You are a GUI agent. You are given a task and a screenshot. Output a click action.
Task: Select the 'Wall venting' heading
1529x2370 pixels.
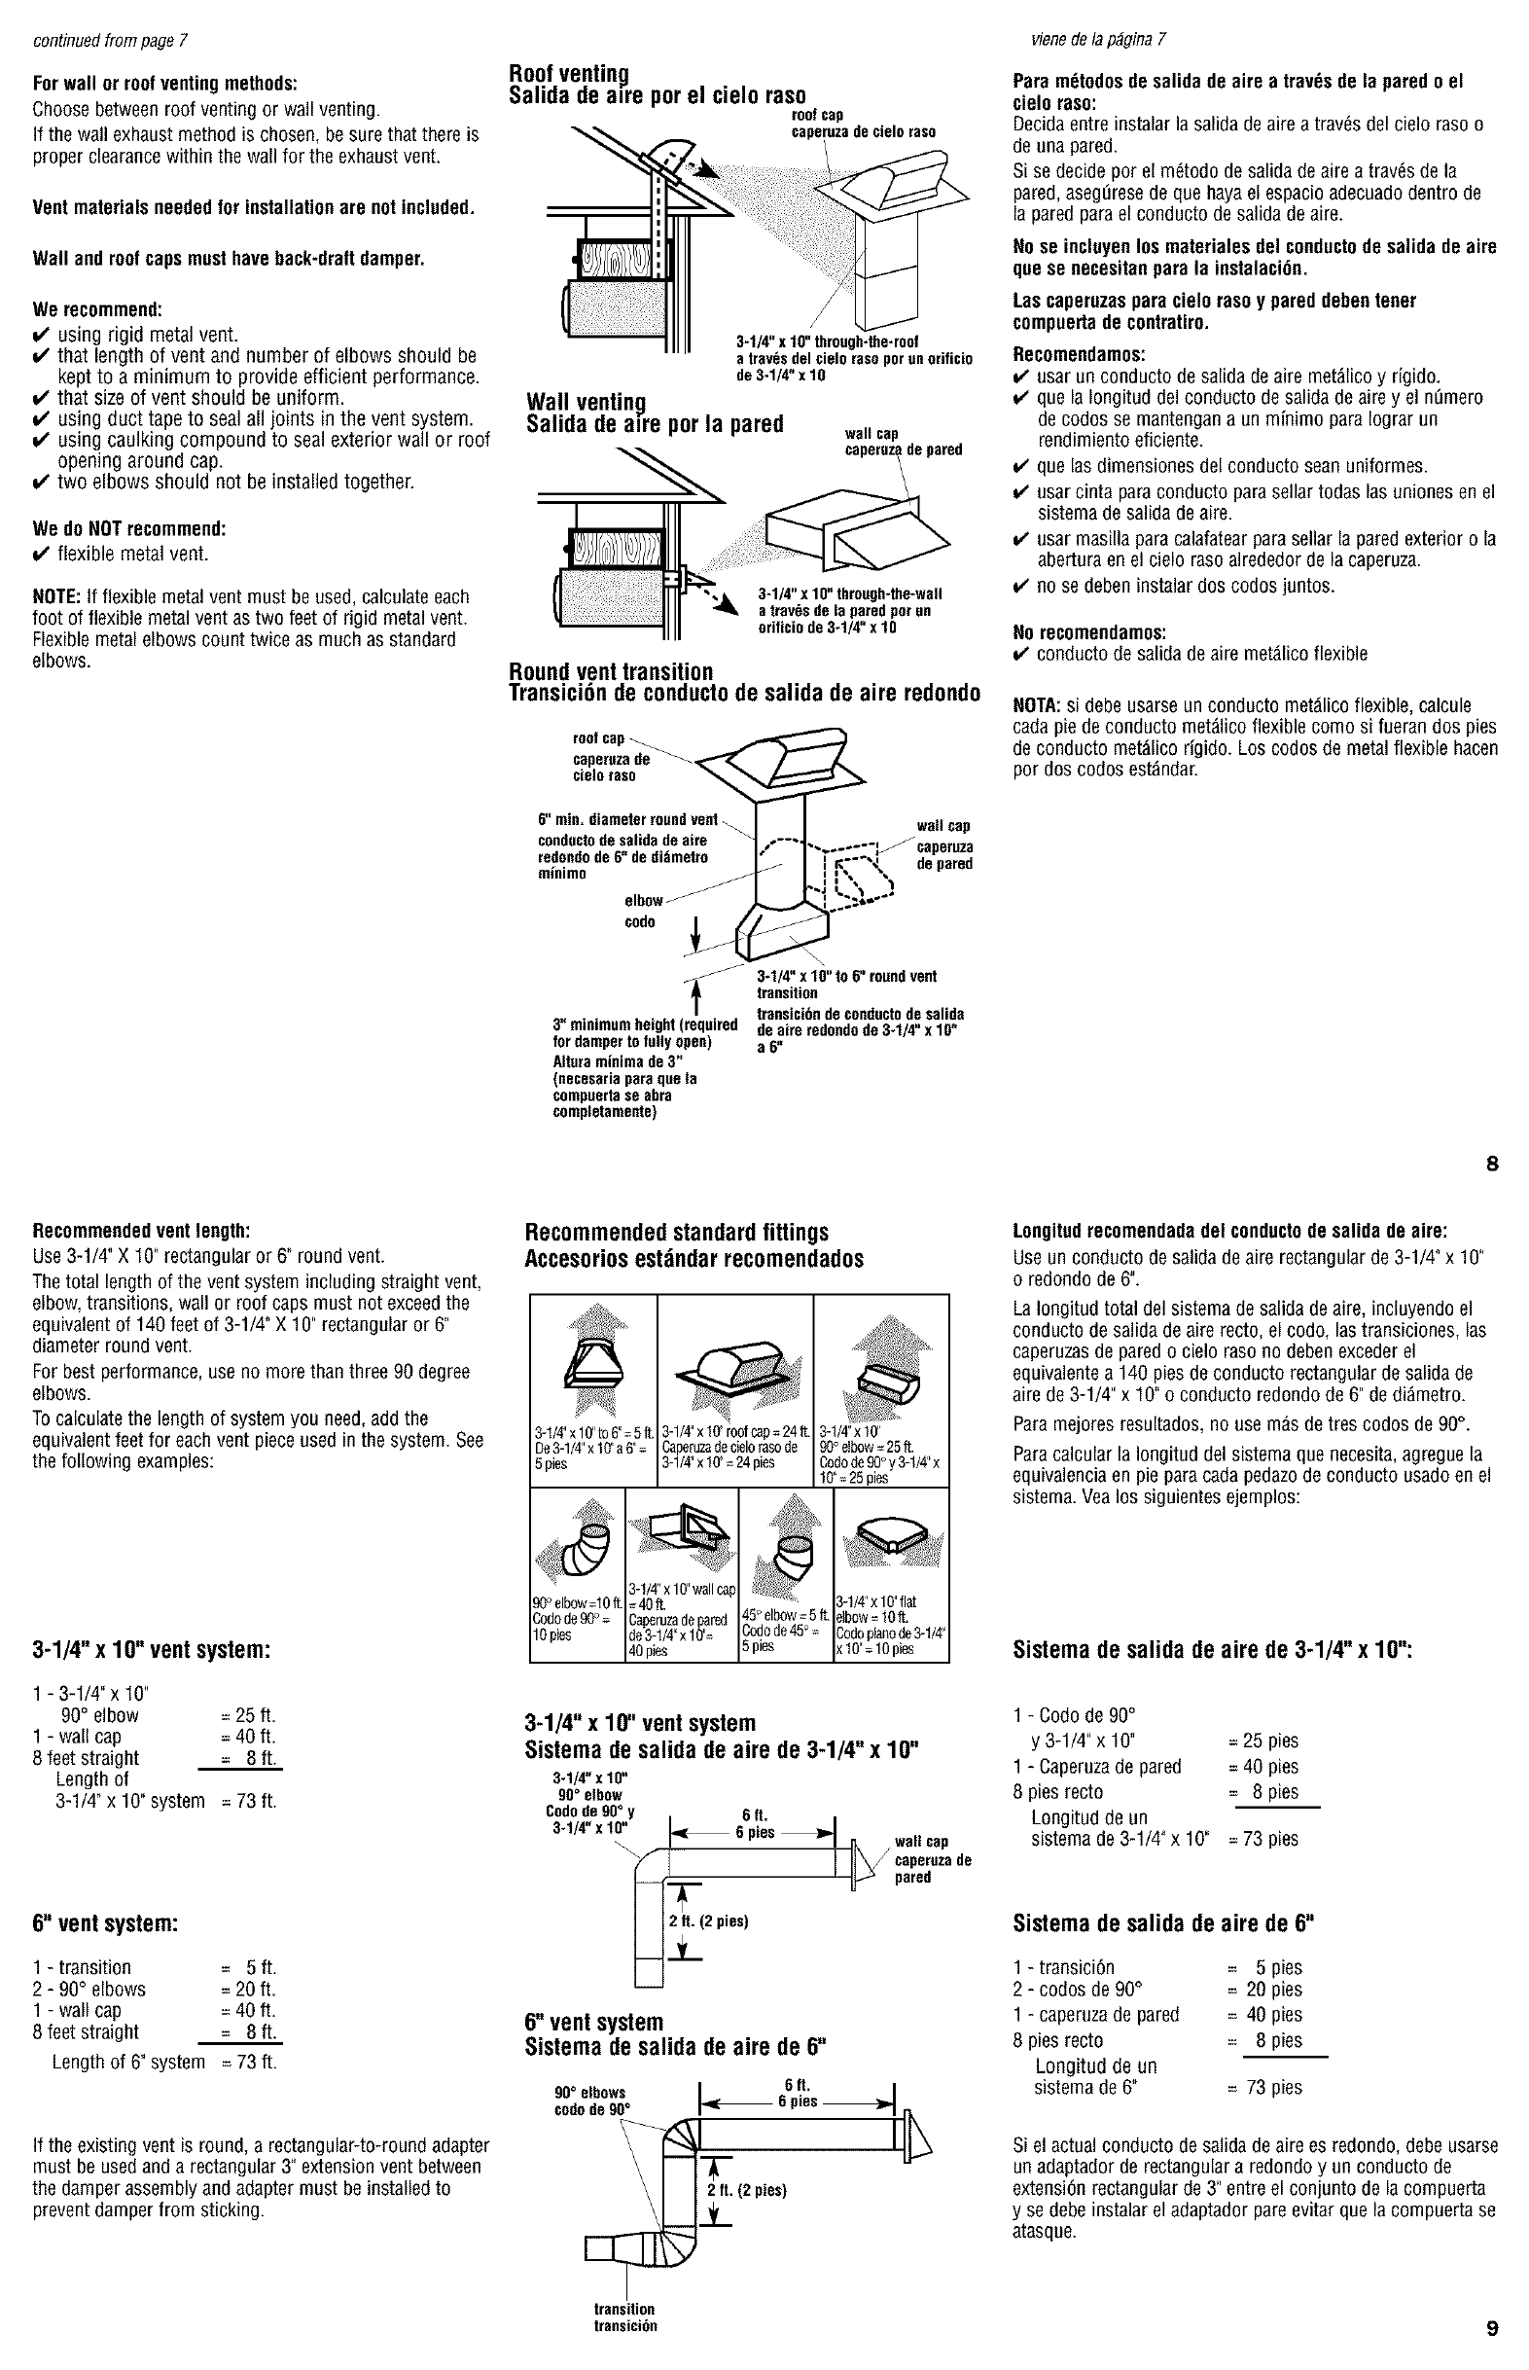(586, 402)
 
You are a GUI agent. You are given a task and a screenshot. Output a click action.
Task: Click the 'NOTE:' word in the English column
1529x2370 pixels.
(52, 596)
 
